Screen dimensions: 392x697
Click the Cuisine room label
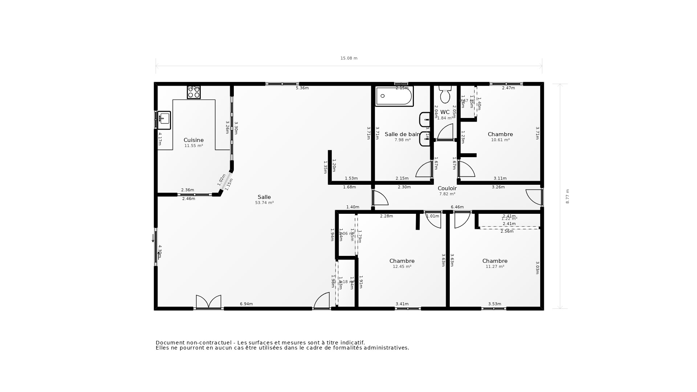pyautogui.click(x=193, y=140)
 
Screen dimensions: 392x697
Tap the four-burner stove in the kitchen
pyautogui.click(x=193, y=92)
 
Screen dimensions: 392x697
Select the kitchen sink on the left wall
pyautogui.click(x=164, y=120)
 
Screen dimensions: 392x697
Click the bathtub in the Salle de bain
pyautogui.click(x=394, y=96)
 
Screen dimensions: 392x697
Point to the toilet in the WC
pyautogui.click(x=445, y=95)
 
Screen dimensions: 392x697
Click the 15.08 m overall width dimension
pyautogui.click(x=348, y=58)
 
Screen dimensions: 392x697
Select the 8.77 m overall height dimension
pyautogui.click(x=567, y=196)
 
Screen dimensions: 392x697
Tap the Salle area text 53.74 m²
pyautogui.click(x=264, y=203)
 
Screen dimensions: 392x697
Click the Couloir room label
pyautogui.click(x=447, y=188)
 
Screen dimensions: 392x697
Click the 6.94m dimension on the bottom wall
pyautogui.click(x=246, y=304)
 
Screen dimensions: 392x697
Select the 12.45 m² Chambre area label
pyautogui.click(x=402, y=266)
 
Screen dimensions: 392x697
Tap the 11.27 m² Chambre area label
pyautogui.click(x=495, y=266)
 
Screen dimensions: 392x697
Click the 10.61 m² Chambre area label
pyautogui.click(x=500, y=140)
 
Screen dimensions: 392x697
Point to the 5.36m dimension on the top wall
pyautogui.click(x=302, y=88)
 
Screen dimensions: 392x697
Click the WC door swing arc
pyautogui.click(x=446, y=131)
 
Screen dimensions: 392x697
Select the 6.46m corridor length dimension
pyautogui.click(x=457, y=207)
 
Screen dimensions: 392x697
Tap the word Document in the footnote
pyautogui.click(x=170, y=343)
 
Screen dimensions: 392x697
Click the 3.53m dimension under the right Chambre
pyautogui.click(x=494, y=304)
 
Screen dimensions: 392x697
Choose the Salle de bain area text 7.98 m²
pyautogui.click(x=402, y=140)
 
